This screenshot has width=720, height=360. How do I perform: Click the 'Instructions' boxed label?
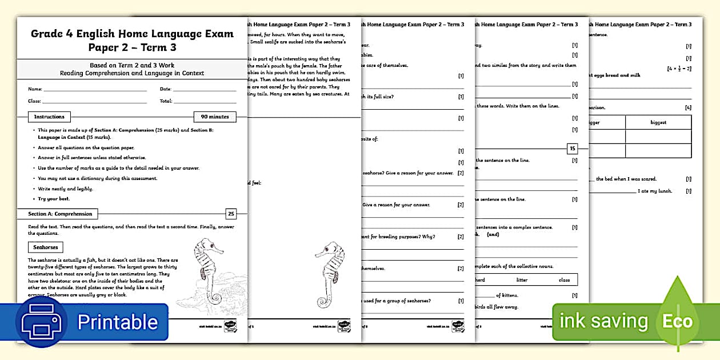click(x=50, y=117)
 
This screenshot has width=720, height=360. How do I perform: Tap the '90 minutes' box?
click(x=214, y=117)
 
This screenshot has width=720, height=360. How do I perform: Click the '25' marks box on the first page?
click(x=231, y=214)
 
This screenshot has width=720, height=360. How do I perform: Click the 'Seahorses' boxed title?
click(x=46, y=247)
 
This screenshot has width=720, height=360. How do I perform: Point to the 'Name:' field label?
click(x=35, y=89)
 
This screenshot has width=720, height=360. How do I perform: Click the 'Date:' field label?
click(x=165, y=89)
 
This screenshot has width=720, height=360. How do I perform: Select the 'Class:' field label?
click(x=35, y=101)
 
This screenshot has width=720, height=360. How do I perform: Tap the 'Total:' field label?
click(x=166, y=101)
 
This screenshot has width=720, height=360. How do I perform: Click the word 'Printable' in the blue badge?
click(x=117, y=322)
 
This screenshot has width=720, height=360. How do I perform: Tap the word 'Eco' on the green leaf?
click(x=677, y=321)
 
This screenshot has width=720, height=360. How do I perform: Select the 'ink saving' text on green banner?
click(x=603, y=321)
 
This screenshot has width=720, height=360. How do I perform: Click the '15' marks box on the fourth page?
click(x=572, y=149)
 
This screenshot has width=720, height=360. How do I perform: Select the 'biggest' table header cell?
click(x=658, y=122)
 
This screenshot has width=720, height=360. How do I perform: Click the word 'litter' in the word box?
click(x=522, y=280)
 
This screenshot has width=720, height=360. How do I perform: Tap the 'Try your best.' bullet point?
click(x=54, y=199)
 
